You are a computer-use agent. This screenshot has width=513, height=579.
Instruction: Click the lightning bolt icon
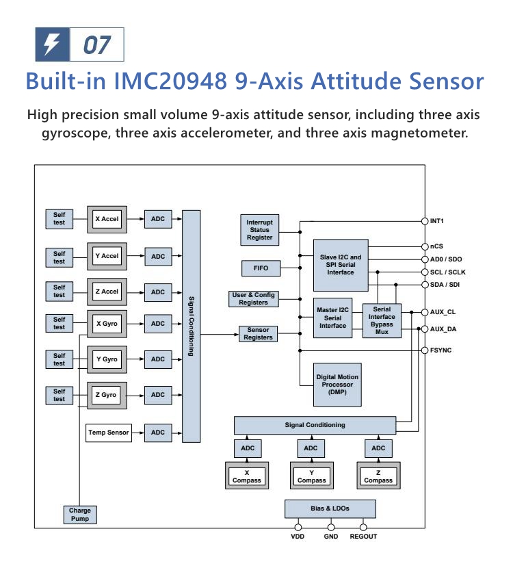coord(52,45)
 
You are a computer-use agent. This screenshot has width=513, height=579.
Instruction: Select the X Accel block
coord(107,219)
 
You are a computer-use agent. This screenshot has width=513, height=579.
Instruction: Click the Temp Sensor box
coord(109,433)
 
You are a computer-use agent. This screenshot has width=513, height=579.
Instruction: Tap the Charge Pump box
coord(79,515)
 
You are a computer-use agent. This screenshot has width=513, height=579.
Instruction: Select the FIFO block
coord(261,268)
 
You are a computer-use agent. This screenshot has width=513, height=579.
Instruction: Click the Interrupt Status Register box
coord(259,230)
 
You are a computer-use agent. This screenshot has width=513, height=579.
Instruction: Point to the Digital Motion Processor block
coord(337,384)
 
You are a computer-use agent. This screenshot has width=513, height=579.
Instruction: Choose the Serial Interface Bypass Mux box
coord(382,320)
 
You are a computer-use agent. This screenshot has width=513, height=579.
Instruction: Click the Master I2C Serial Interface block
coord(332,318)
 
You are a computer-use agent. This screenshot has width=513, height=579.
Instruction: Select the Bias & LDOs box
coord(330,509)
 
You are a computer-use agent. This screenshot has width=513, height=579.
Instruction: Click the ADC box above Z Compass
coord(378,448)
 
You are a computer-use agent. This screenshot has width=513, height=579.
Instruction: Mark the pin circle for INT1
coord(424,221)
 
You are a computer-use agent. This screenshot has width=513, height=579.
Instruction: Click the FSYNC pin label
coord(440,350)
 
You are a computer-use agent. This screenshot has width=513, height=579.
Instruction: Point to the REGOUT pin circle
coord(363,527)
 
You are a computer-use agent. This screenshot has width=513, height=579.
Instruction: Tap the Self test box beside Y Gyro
coord(60,359)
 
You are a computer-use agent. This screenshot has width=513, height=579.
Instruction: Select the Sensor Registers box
coord(259,334)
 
